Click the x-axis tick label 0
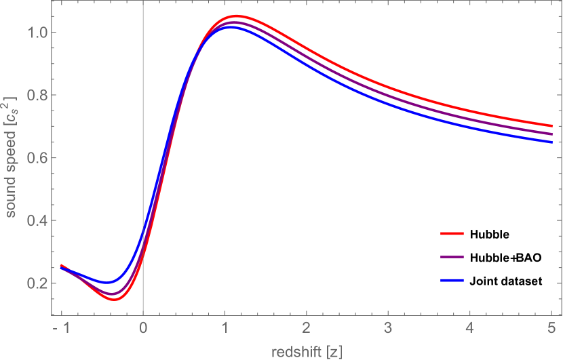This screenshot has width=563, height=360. click(143, 329)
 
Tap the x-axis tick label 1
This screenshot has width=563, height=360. click(225, 329)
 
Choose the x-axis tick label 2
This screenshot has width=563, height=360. click(307, 329)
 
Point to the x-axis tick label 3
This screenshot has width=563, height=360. click(388, 329)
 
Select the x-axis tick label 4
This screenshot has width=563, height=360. click(469, 329)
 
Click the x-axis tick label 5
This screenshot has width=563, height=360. click(551, 329)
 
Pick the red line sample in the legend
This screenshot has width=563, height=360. click(452, 233)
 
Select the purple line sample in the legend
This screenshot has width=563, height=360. click(452, 257)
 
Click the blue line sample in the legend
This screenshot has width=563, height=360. click(452, 280)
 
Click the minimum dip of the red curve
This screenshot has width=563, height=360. click(115, 299)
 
